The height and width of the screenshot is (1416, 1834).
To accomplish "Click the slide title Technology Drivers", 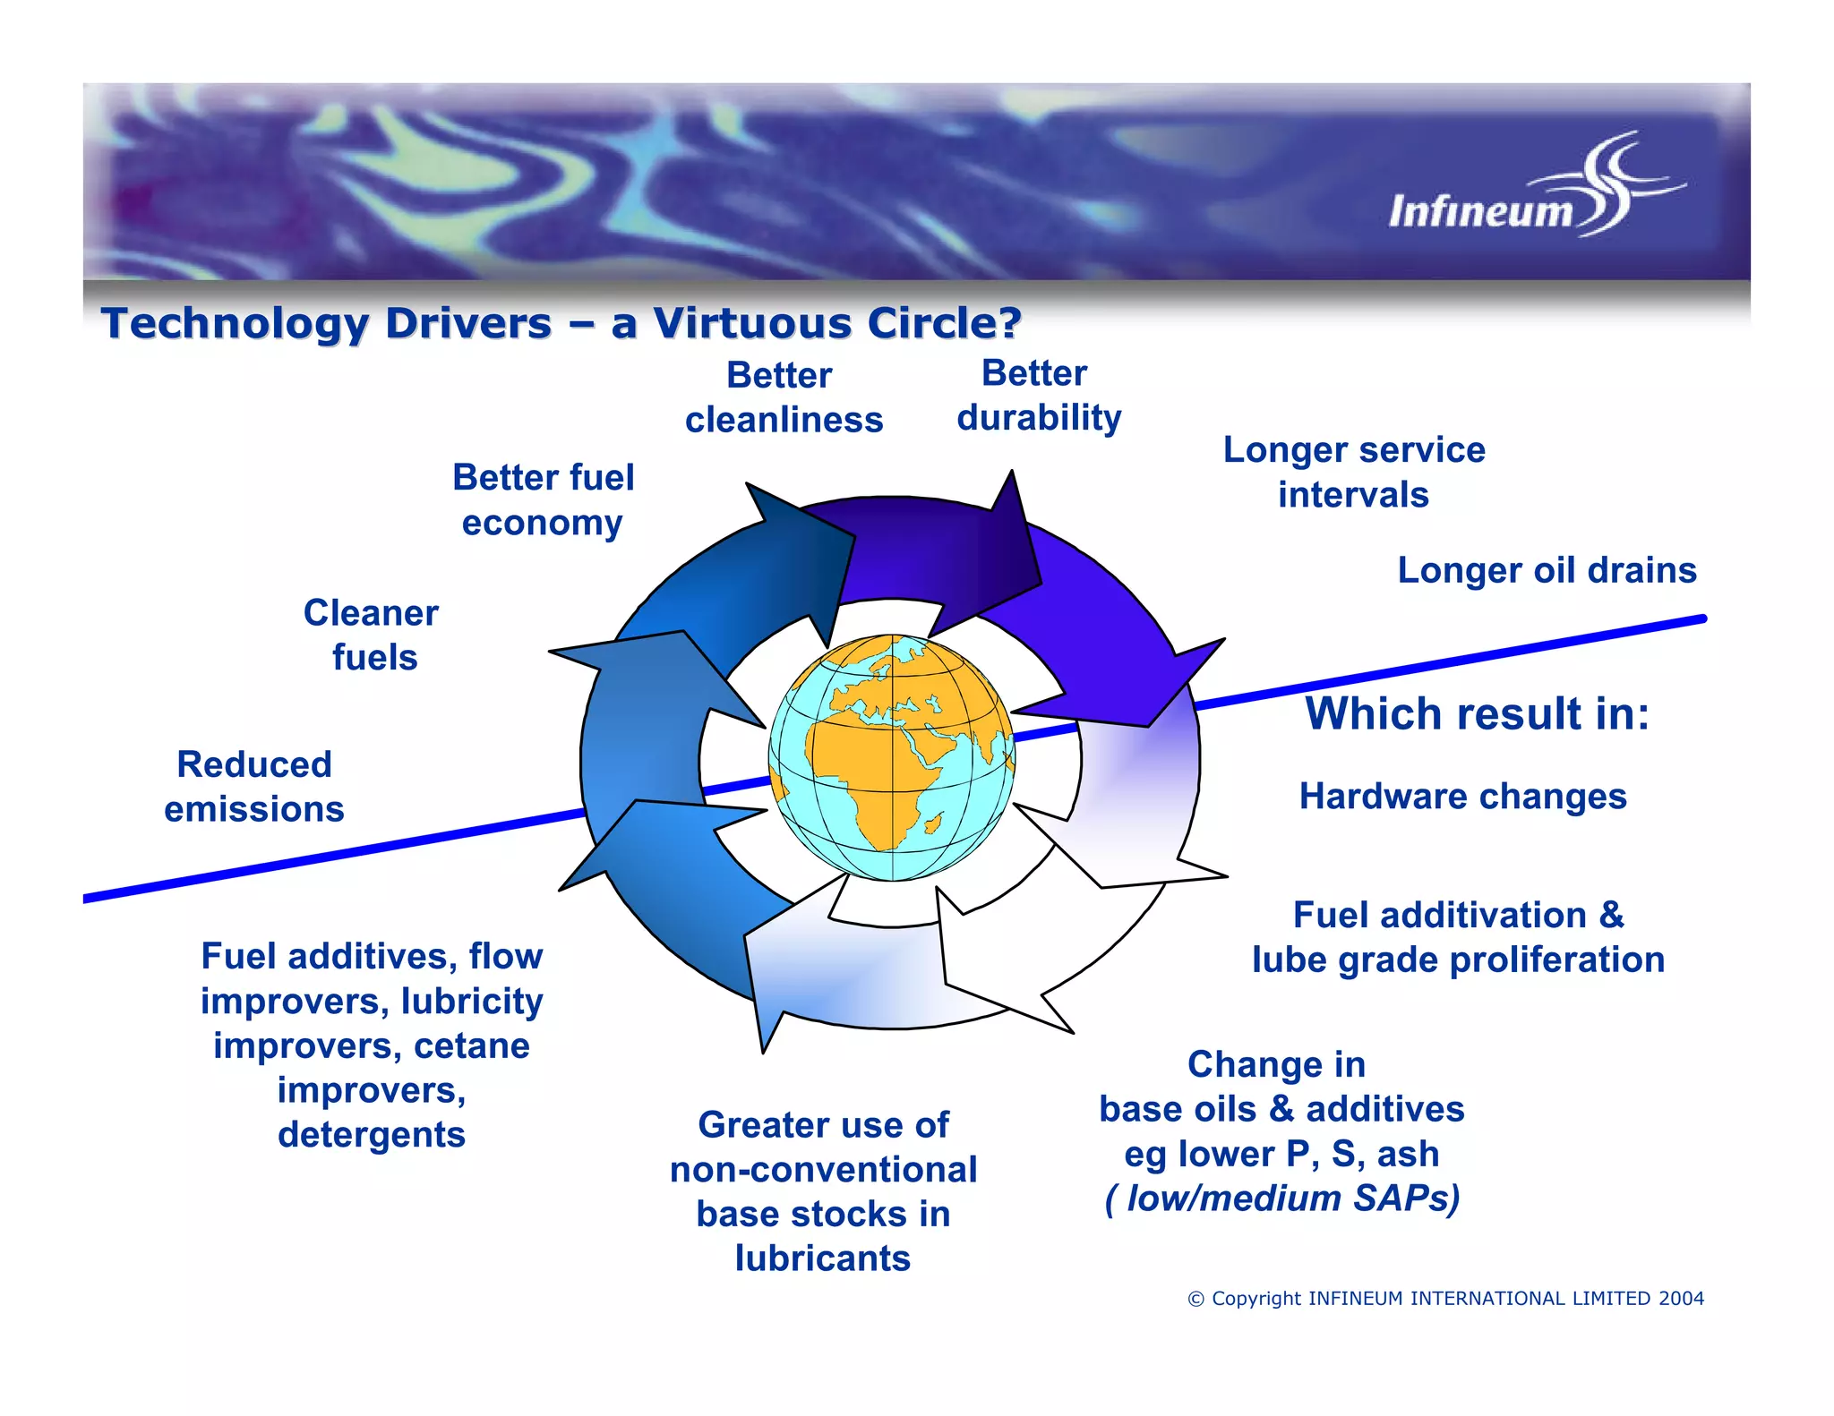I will tap(561, 323).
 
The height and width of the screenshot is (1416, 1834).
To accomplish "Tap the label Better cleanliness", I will tap(784, 397).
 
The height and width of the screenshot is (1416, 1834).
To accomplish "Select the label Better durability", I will tap(1038, 396).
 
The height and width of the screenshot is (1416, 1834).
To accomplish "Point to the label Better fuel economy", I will tap(543, 499).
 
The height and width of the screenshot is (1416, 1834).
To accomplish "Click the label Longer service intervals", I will tap(1353, 472).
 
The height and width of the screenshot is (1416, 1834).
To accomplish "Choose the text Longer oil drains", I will tap(1547, 570).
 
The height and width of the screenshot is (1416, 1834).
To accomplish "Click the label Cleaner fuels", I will tap(372, 635).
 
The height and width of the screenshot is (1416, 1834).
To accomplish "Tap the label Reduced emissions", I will tap(254, 786).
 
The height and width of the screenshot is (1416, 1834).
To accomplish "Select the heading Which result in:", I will tap(1477, 714).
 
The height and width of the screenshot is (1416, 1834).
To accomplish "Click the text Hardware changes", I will tap(1462, 796).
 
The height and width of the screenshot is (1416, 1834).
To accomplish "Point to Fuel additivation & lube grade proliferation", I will tap(1458, 937).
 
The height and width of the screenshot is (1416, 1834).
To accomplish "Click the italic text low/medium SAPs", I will tap(1282, 1198).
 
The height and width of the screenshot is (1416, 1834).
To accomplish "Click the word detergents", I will tap(372, 1135).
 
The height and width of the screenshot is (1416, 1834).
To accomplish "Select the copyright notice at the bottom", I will tap(1445, 1298).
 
